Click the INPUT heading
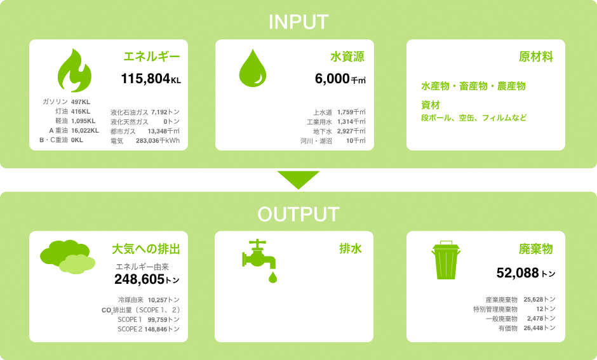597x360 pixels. [x=298, y=22]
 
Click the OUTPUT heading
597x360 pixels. [x=298, y=214]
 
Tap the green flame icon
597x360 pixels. [x=75, y=70]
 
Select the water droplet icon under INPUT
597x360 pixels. [x=252, y=68]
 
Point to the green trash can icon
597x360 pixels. [x=446, y=260]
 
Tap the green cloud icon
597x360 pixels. [x=68, y=257]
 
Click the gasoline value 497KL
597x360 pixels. [x=81, y=102]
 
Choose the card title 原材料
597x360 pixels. [x=535, y=57]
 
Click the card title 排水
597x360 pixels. [x=351, y=248]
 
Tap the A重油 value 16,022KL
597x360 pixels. [x=85, y=131]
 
